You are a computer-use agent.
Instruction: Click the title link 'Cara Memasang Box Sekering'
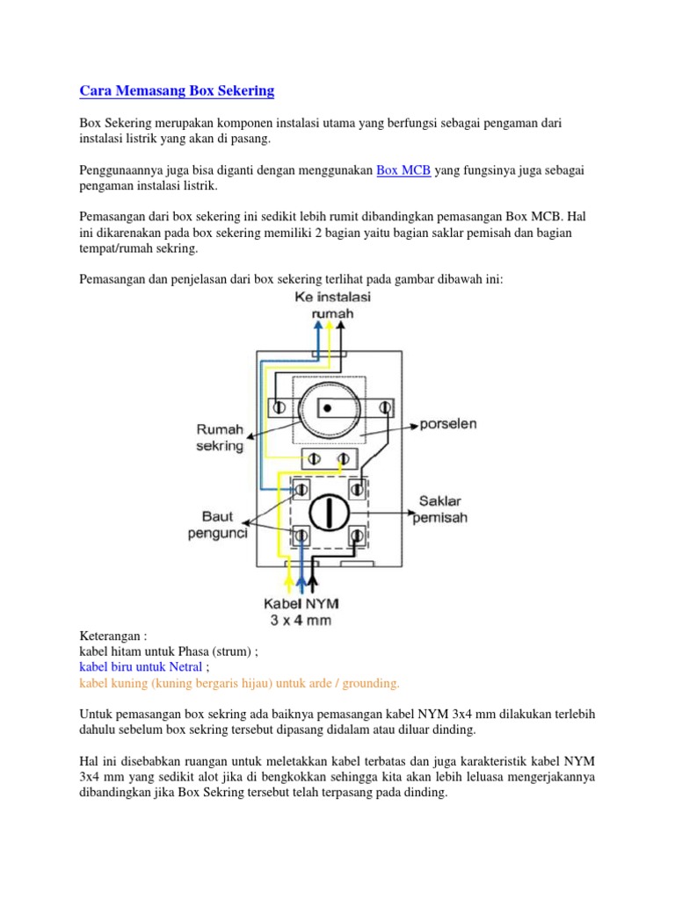coord(177,90)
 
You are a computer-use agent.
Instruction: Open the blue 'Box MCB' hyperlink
coord(403,170)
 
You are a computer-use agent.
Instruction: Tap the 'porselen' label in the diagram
coord(447,424)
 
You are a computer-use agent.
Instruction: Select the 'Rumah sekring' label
coord(219,437)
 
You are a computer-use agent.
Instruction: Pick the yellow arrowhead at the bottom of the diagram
coord(291,579)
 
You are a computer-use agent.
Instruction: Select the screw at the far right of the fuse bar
coord(384,407)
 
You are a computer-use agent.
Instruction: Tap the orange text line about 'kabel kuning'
coord(239,683)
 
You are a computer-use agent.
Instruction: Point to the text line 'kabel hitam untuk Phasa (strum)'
coord(169,651)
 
